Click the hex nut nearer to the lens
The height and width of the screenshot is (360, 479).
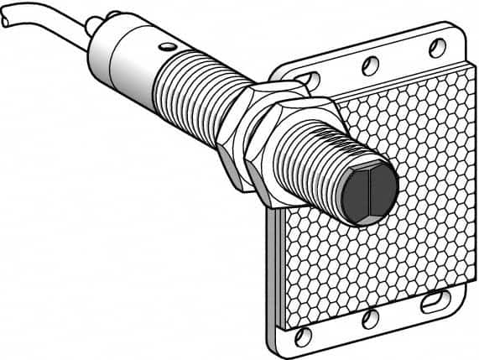[281, 155]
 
